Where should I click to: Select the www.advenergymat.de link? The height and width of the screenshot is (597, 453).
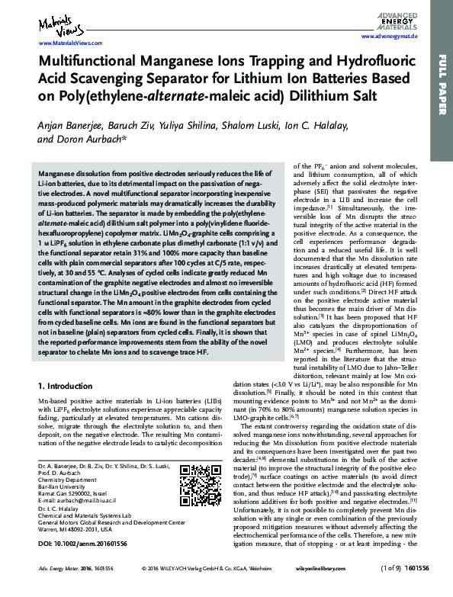(x=389, y=37)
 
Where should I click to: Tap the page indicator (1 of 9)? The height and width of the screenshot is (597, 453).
(x=390, y=589)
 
